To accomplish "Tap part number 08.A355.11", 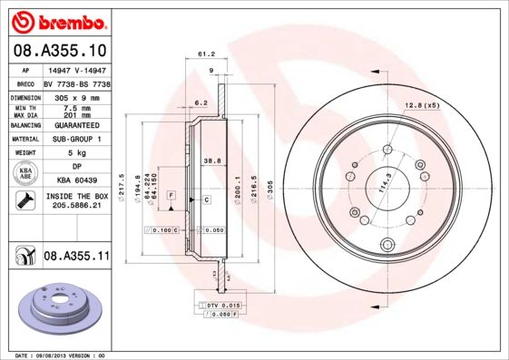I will [x=76, y=257].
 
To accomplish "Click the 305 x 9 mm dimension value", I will [x=75, y=95].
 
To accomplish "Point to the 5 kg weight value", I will [x=75, y=153].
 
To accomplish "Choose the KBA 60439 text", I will [x=75, y=180].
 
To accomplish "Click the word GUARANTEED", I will [x=75, y=124].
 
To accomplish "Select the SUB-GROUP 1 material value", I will [x=75, y=139].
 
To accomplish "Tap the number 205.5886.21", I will [x=75, y=206].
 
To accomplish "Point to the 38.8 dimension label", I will [x=211, y=160].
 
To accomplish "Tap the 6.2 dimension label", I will [x=201, y=102].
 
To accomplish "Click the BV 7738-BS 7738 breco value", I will [x=77, y=82].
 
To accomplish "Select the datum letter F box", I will [x=171, y=208].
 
